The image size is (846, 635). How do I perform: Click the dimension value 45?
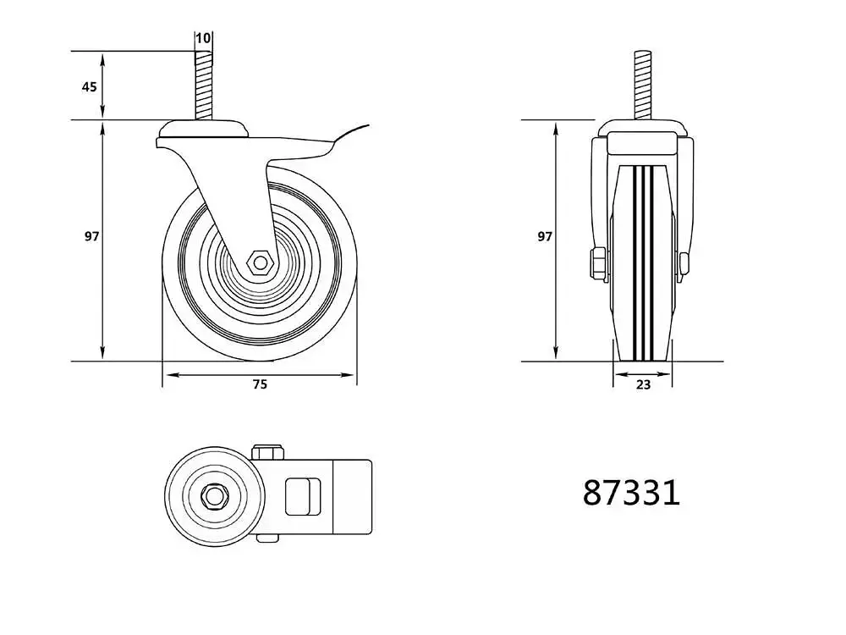click(89, 86)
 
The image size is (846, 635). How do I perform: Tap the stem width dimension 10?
click(203, 38)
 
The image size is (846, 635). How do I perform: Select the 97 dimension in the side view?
click(91, 236)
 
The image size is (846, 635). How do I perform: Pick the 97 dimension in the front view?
click(545, 236)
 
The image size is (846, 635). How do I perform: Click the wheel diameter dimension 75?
click(260, 384)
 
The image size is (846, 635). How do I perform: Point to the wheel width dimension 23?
click(643, 384)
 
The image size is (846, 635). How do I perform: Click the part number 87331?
click(631, 493)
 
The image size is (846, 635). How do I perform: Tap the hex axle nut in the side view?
click(261, 263)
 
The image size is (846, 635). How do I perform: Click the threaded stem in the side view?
click(203, 86)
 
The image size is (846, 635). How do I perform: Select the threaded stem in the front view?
click(643, 86)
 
